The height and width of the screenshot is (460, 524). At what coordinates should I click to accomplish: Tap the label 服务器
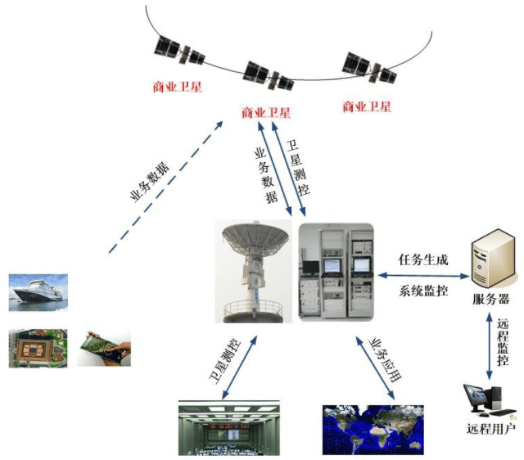click(x=490, y=299)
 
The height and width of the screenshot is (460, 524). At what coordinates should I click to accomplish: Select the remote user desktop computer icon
click(x=490, y=401)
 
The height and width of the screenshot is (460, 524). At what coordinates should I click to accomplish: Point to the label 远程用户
click(x=491, y=429)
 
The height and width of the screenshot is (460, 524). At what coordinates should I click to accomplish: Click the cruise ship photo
click(x=38, y=293)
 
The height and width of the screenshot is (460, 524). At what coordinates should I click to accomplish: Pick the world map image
click(x=373, y=430)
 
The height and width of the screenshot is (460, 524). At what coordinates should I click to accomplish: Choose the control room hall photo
click(x=229, y=428)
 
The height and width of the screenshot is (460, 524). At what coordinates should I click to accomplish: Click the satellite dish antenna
click(x=254, y=271)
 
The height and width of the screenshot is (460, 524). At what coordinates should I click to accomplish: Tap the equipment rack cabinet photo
click(x=336, y=273)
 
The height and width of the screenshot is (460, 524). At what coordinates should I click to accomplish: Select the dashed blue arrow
click(x=165, y=187)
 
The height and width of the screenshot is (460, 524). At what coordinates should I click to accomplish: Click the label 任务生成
click(x=423, y=260)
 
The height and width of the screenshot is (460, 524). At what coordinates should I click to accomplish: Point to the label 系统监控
click(x=423, y=291)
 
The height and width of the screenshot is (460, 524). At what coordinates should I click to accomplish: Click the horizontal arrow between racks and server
click(x=424, y=276)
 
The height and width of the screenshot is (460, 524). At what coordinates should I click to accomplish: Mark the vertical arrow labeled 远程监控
click(x=490, y=346)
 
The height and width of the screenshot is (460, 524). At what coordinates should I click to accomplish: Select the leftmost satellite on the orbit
click(x=179, y=51)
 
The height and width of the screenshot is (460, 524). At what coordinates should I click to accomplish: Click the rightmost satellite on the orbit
click(x=369, y=68)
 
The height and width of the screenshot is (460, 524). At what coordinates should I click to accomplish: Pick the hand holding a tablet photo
click(x=104, y=348)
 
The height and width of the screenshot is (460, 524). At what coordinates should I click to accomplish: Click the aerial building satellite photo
click(x=38, y=349)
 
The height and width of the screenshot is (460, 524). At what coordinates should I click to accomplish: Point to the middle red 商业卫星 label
click(x=266, y=113)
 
